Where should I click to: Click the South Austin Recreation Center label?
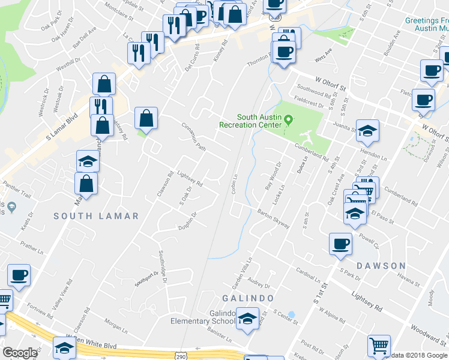click(x=250, y=121)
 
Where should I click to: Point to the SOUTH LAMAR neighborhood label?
click(x=96, y=216)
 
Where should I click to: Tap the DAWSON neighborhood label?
click(x=381, y=265)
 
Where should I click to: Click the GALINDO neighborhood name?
click(x=248, y=298)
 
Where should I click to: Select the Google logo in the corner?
click(x=20, y=352)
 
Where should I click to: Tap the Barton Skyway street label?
click(x=273, y=218)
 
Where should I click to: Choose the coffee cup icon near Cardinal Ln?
click(x=340, y=244)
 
